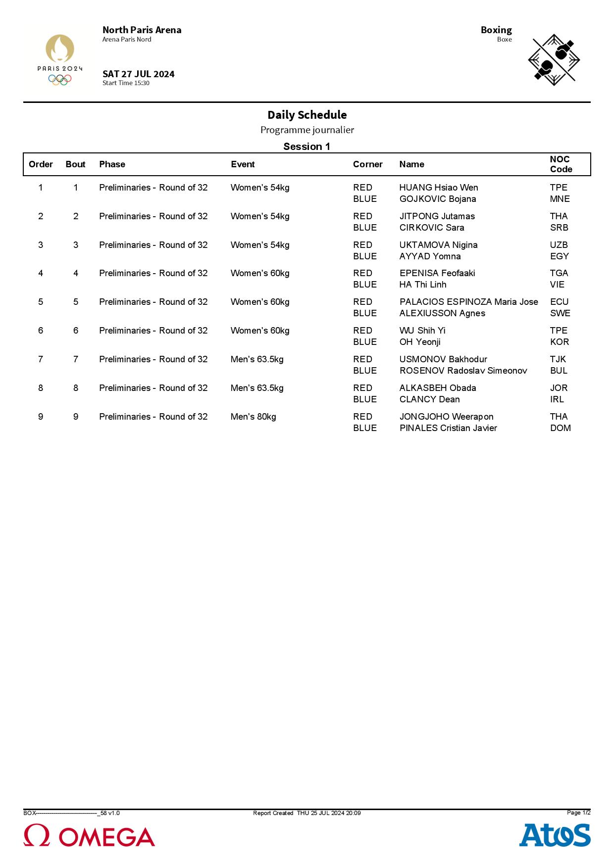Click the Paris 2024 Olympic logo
tap(60, 60)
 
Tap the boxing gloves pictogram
tap(554, 60)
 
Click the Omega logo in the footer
tap(89, 836)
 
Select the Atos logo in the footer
tap(555, 835)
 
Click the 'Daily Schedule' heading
tap(307, 115)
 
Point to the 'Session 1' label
tap(307, 146)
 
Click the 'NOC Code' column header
tap(561, 164)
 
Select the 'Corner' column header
tap(367, 164)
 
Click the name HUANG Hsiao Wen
tap(438, 188)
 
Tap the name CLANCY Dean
tap(429, 399)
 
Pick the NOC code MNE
tap(560, 199)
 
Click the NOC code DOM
tap(560, 428)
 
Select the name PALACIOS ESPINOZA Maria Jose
tap(468, 302)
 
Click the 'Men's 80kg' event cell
tap(253, 417)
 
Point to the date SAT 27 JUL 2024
tap(138, 74)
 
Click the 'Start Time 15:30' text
tap(126, 83)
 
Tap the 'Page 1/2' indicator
tap(578, 813)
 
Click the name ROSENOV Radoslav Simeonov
tap(463, 371)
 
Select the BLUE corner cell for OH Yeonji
tap(364, 342)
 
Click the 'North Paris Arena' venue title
tap(142, 30)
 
